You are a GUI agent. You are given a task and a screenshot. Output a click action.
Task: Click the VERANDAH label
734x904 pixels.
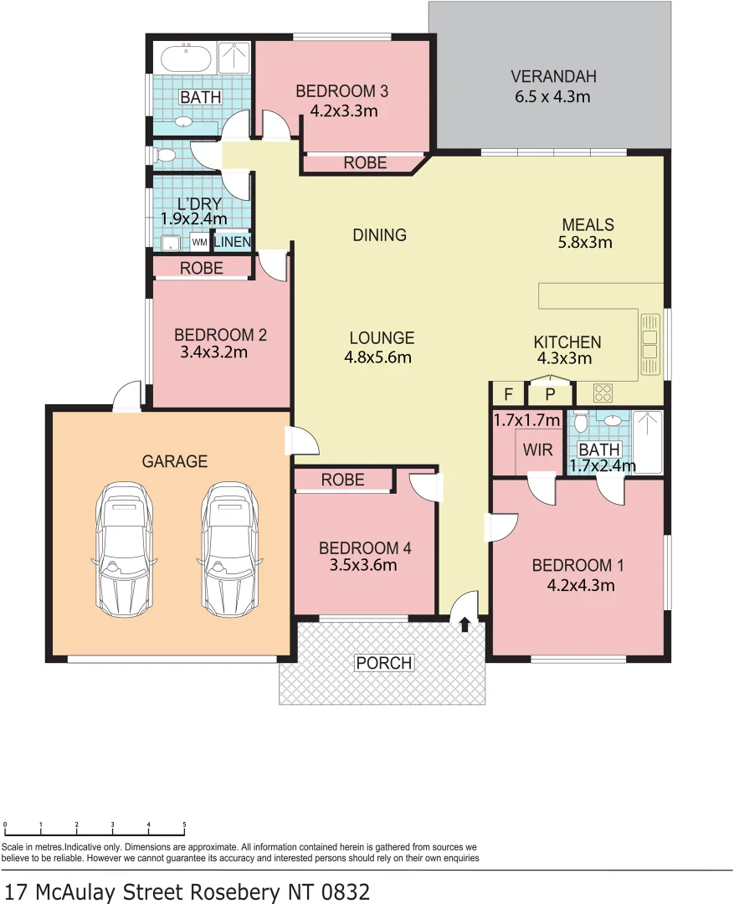click(553, 77)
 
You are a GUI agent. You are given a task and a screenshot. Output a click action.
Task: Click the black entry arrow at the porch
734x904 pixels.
click(465, 624)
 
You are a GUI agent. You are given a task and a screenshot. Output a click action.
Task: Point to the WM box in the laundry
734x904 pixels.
click(200, 243)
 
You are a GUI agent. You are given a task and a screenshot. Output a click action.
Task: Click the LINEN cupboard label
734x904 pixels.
click(231, 243)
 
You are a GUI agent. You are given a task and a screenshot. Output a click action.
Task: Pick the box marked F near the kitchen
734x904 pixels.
click(507, 394)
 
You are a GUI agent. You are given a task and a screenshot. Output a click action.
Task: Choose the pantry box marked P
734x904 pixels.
click(550, 394)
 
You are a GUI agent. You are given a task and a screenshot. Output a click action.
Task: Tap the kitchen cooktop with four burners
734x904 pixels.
click(603, 392)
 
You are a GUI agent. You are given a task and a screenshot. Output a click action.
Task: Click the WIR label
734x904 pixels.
click(537, 449)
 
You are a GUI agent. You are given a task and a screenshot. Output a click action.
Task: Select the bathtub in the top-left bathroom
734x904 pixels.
click(186, 59)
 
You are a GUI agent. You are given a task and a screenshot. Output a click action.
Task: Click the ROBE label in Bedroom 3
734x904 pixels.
click(365, 163)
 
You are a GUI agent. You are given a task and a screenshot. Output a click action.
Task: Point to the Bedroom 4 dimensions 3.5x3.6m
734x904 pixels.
click(364, 565)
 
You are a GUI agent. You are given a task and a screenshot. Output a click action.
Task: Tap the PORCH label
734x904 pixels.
click(384, 663)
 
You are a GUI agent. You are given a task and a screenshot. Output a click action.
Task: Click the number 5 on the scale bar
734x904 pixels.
click(184, 824)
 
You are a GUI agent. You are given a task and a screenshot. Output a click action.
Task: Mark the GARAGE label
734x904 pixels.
click(174, 461)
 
